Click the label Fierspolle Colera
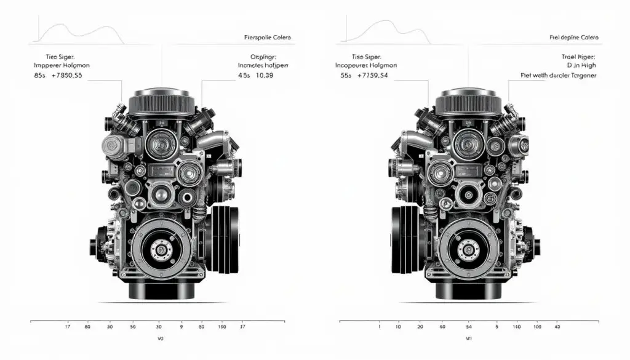click(267, 38)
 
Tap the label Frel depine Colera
click(574, 38)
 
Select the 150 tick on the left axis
click(221, 326)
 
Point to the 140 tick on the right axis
click(516, 326)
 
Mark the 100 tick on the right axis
click(536, 326)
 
